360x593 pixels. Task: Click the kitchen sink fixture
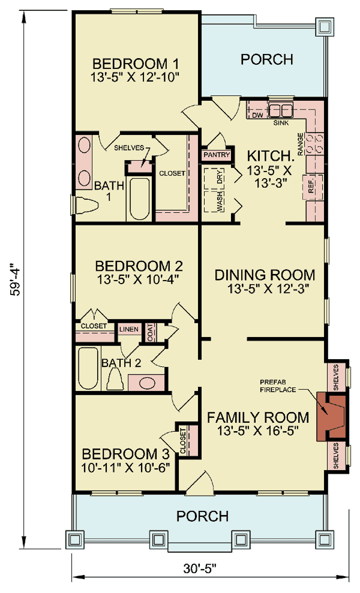coord(280,110)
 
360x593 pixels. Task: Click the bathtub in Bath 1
coord(139,199)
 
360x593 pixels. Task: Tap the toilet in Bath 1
coord(87,205)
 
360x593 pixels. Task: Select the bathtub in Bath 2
coord(88,368)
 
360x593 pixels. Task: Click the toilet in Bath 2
coord(115,380)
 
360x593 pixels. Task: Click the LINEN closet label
coord(129,329)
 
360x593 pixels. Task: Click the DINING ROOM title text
coord(265,275)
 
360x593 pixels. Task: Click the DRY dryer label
coord(220,177)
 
